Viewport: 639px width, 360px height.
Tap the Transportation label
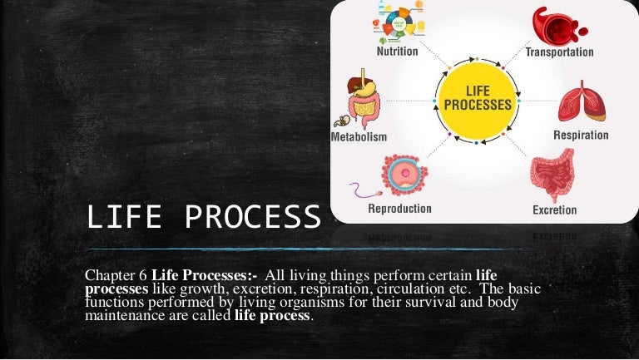click(x=559, y=52)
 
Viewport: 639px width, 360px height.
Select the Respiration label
click(x=581, y=135)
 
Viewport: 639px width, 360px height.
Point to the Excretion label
click(x=555, y=210)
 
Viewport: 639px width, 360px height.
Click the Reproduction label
click(x=399, y=208)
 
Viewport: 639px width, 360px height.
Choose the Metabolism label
click(x=359, y=136)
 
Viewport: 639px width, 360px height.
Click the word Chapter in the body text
click(x=109, y=275)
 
